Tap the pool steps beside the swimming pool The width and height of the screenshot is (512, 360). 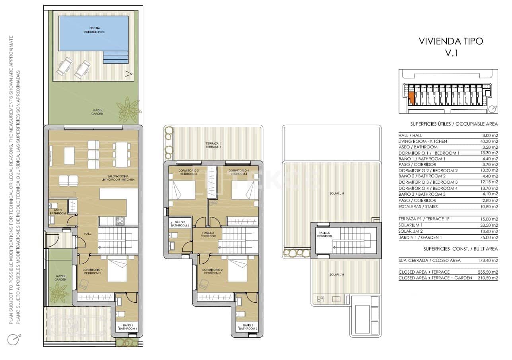point(116,57)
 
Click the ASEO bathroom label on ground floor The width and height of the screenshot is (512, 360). point(58,212)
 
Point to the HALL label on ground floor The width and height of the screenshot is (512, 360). point(88,234)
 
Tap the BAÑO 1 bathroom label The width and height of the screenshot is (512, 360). point(127,327)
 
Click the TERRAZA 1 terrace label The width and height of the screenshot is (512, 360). point(213,145)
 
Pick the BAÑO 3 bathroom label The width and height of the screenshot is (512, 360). point(180,224)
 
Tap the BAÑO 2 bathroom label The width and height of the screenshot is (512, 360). point(247,327)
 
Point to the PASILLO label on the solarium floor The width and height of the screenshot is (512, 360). point(324,234)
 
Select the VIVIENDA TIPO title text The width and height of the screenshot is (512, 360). point(451,41)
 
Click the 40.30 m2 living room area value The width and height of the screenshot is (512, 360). point(489,141)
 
